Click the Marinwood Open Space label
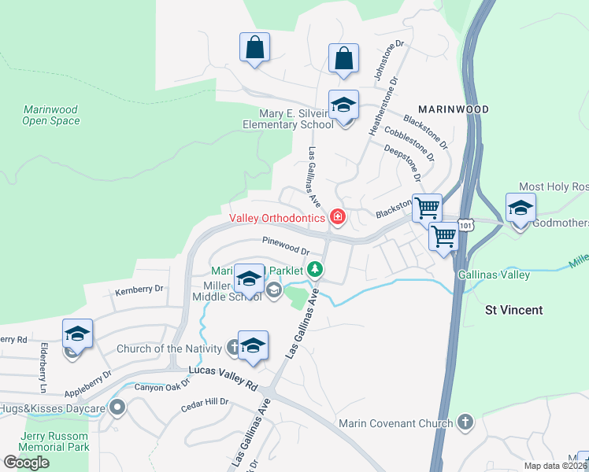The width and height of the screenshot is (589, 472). pyautogui.click(x=51, y=115)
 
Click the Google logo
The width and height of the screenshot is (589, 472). pyautogui.click(x=26, y=463)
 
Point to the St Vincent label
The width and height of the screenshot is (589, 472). pyautogui.click(x=513, y=310)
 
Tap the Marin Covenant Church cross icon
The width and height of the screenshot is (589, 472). pyautogui.click(x=465, y=423)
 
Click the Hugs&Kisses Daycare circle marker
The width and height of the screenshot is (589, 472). pyautogui.click(x=118, y=407)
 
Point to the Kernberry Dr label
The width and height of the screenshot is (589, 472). pyautogui.click(x=139, y=289)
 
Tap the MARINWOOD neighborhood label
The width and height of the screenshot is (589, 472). pyautogui.click(x=453, y=109)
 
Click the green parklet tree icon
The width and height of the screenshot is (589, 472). pyautogui.click(x=315, y=270)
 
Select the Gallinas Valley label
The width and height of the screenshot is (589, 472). pyautogui.click(x=494, y=275)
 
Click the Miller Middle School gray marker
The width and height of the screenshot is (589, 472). pyautogui.click(x=273, y=291)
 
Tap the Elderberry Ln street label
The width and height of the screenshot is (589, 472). pyautogui.click(x=43, y=367)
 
